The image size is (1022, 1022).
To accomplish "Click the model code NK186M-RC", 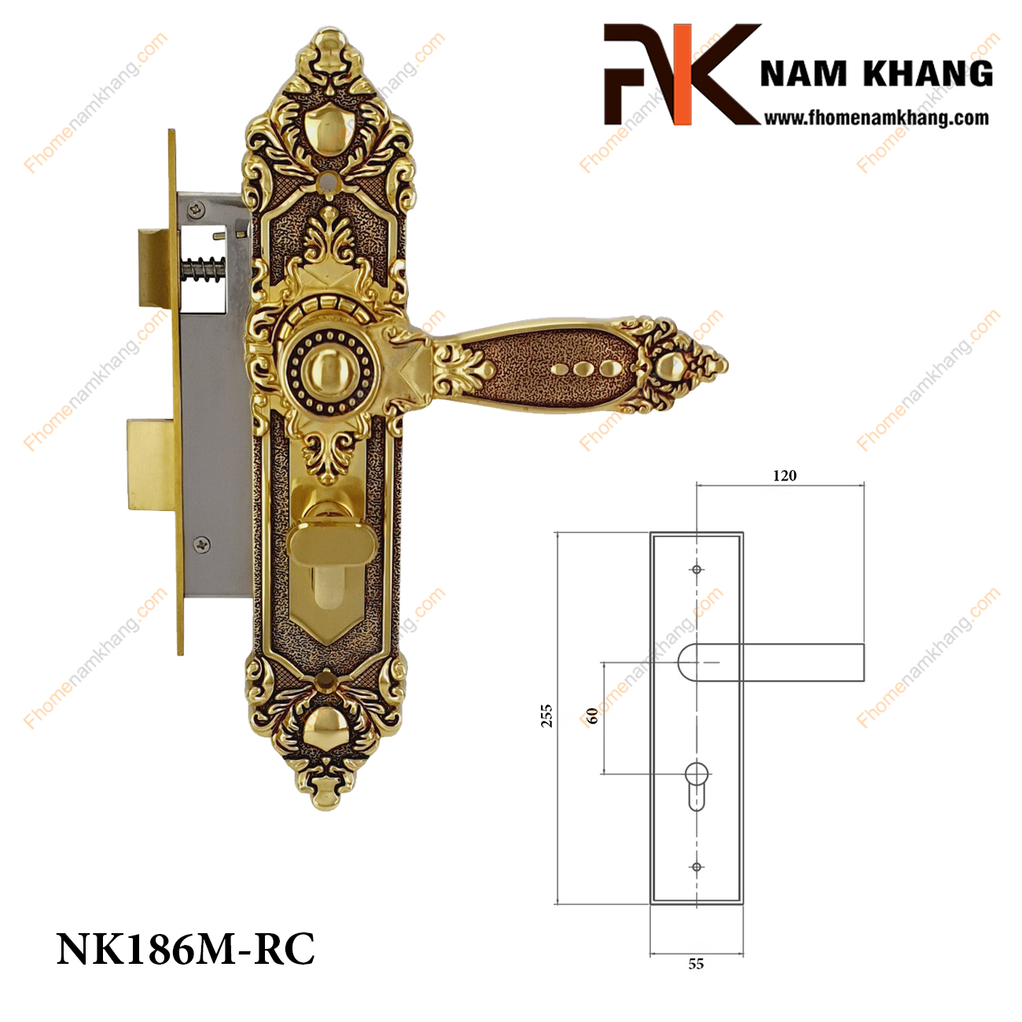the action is click(x=186, y=949).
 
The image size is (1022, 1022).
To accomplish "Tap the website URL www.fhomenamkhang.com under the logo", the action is click(x=876, y=118).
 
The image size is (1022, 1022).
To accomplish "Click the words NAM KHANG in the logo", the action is click(x=876, y=74).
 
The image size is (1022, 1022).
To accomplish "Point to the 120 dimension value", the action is click(x=785, y=475).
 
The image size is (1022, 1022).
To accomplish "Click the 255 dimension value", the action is click(x=547, y=715).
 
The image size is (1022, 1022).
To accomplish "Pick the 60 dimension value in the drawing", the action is click(x=593, y=716).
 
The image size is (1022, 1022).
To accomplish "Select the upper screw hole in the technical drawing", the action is click(x=697, y=570).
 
